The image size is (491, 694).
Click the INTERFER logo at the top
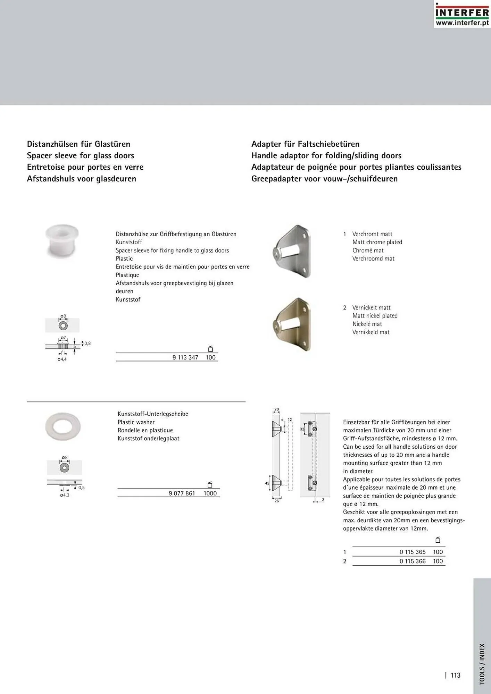[462, 14]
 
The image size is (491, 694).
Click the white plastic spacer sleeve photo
[62, 240]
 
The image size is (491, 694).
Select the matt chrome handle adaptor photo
[292, 251]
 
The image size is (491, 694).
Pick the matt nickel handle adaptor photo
[292, 324]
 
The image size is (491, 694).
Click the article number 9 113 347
[185, 357]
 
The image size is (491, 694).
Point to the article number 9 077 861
[182, 493]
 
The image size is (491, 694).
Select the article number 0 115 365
[412, 552]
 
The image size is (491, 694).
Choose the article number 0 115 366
[412, 561]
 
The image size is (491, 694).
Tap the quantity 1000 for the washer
[210, 493]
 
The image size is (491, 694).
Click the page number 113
[456, 675]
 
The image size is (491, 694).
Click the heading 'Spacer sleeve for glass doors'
[81, 155]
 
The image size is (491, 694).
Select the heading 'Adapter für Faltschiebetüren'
[305, 144]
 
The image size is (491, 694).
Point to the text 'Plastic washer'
[136, 422]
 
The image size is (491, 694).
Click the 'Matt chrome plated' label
[377, 242]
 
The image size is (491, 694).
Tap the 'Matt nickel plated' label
[375, 316]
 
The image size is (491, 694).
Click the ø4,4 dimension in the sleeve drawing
[62, 359]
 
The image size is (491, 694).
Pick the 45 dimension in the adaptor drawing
[267, 483]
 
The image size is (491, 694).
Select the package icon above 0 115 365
[438, 540]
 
